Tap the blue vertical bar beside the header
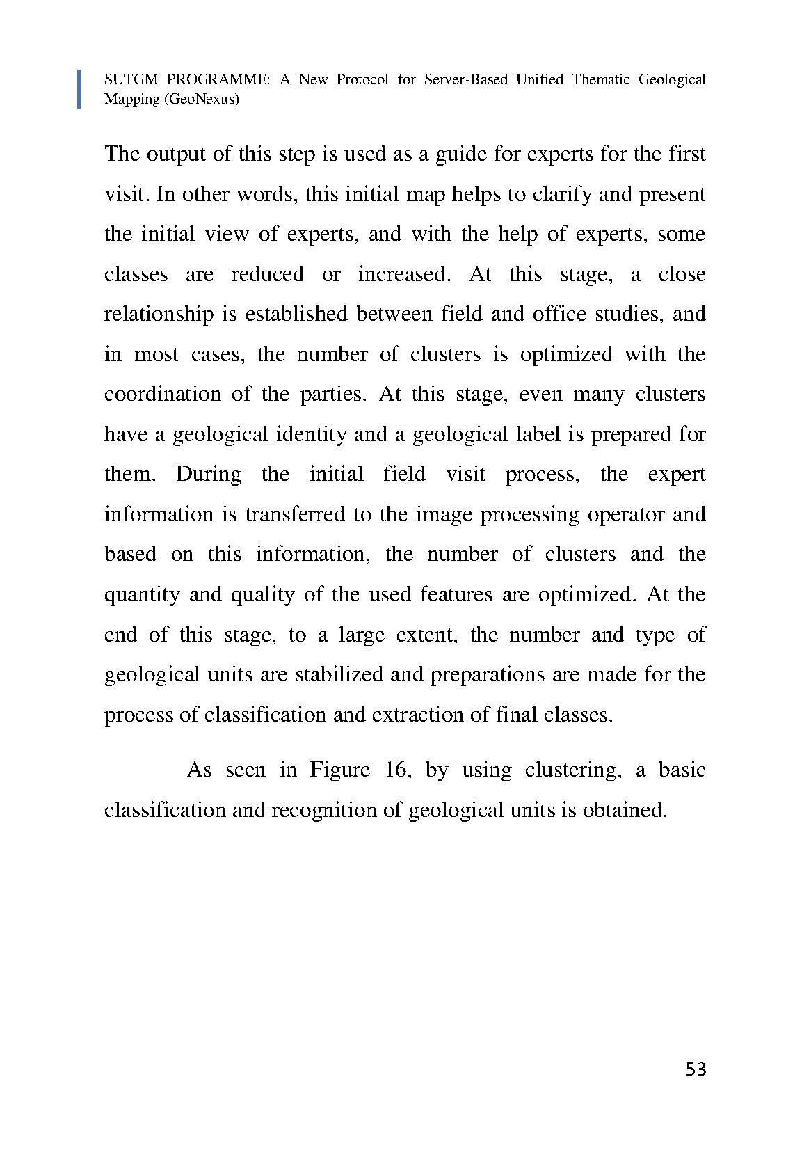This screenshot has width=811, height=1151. pyautogui.click(x=79, y=89)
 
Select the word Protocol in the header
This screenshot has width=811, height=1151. pyautogui.click(x=362, y=79)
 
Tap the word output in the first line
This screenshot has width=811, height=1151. pyautogui.click(x=176, y=154)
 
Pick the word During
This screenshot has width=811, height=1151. pyautogui.click(x=208, y=474)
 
